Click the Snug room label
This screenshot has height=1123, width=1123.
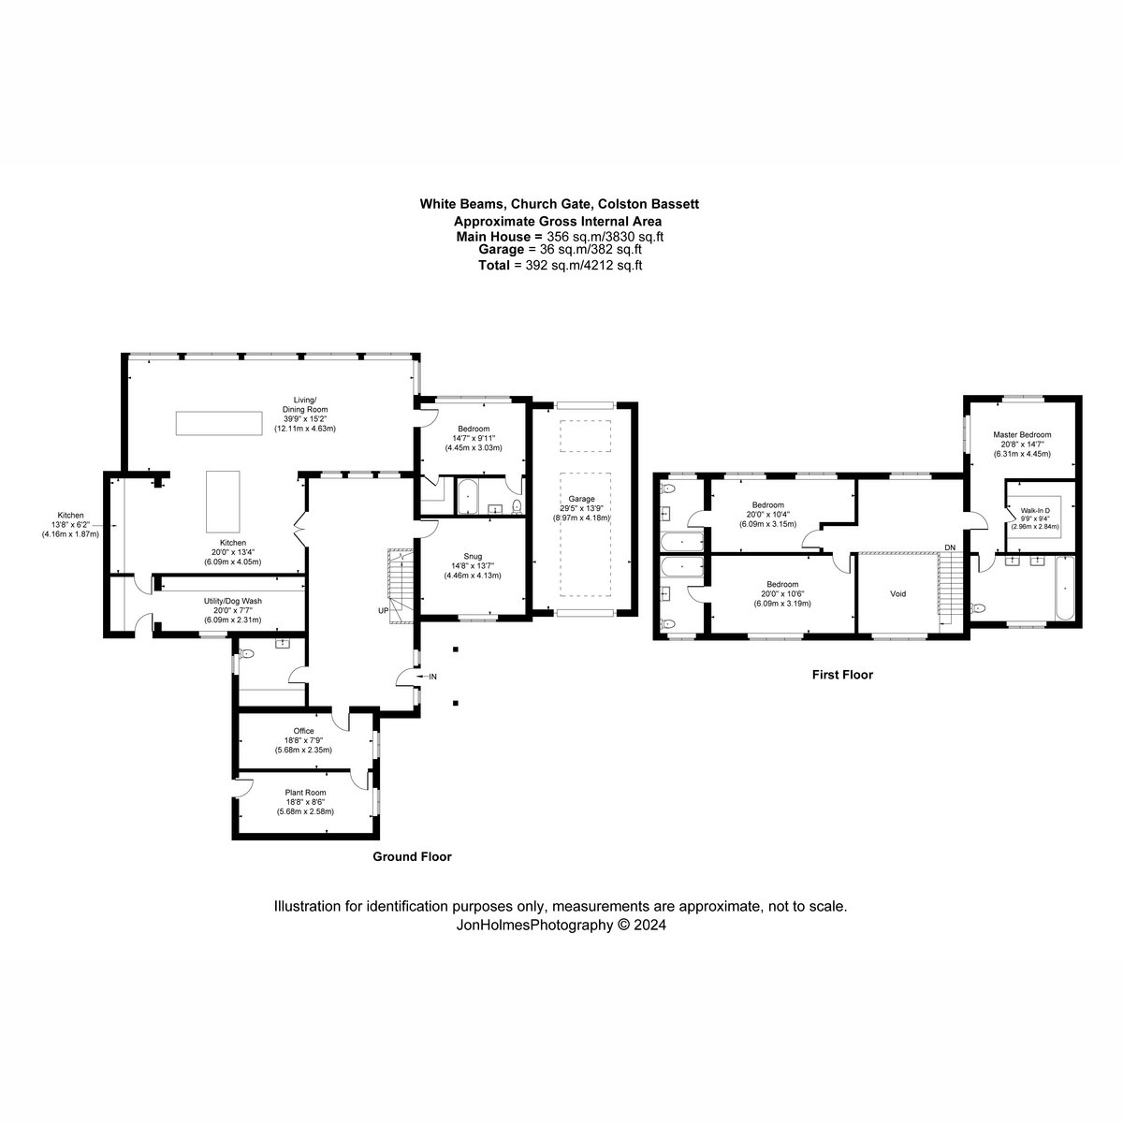pyautogui.click(x=473, y=556)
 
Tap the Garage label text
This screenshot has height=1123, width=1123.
pyautogui.click(x=581, y=499)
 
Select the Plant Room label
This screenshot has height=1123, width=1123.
pyautogui.click(x=305, y=793)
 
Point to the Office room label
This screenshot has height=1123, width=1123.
pyautogui.click(x=303, y=731)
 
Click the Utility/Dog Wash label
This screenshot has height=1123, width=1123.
pyautogui.click(x=232, y=601)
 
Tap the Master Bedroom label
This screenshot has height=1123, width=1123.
pyautogui.click(x=1022, y=434)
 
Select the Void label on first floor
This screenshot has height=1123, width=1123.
pyautogui.click(x=898, y=594)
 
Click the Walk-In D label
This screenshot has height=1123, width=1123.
pyautogui.click(x=1035, y=511)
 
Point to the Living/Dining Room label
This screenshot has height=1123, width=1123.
pyautogui.click(x=305, y=404)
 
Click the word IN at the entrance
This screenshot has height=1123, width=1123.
pyautogui.click(x=433, y=677)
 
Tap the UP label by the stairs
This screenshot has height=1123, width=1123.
pyautogui.click(x=384, y=611)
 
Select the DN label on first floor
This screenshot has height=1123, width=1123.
pyautogui.click(x=951, y=547)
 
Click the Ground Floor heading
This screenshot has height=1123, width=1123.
pyautogui.click(x=412, y=856)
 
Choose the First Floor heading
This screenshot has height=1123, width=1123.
pyautogui.click(x=842, y=675)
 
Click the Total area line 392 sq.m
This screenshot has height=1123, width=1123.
pyautogui.click(x=560, y=265)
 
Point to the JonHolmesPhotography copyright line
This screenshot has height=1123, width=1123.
pyautogui.click(x=561, y=925)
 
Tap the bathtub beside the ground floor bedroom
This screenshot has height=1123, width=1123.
pyautogui.click(x=467, y=497)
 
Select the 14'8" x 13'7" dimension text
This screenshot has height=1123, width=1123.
pyautogui.click(x=473, y=565)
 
